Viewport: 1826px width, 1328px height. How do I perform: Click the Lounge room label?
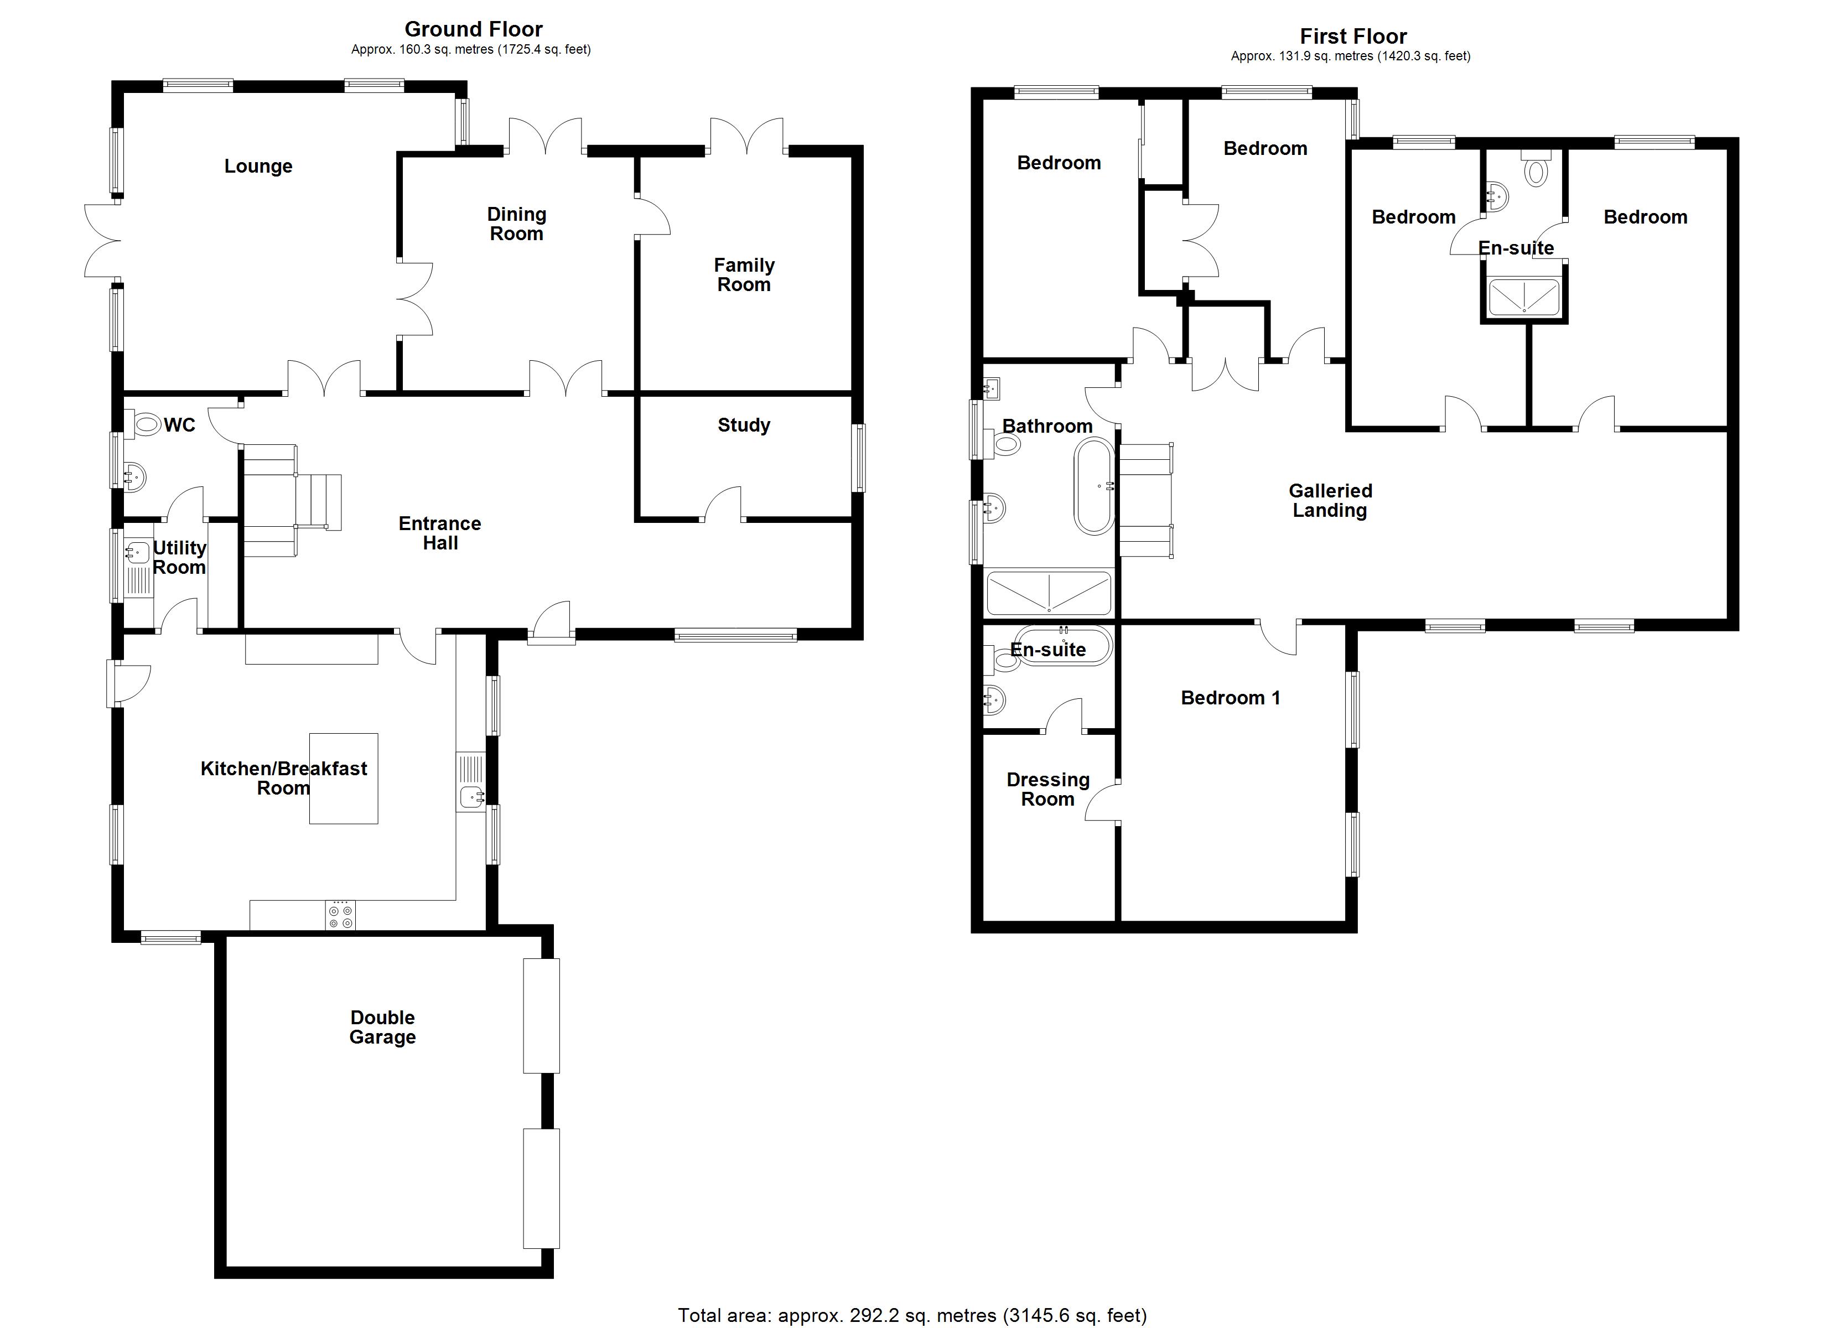tap(258, 167)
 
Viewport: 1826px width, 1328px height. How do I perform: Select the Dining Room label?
tap(516, 225)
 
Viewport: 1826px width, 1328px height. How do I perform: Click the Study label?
tap(743, 425)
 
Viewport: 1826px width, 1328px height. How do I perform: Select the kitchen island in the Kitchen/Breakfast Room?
tap(344, 778)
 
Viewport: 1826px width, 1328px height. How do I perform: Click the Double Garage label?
tap(382, 1028)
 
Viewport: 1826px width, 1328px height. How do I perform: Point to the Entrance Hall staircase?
tap(292, 500)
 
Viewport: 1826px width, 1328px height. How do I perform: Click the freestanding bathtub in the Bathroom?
tap(1094, 486)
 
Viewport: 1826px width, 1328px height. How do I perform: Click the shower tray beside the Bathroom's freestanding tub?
tap(1048, 594)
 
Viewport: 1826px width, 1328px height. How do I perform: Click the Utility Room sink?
tap(138, 552)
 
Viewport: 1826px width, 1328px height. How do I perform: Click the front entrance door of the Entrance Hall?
tap(552, 624)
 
